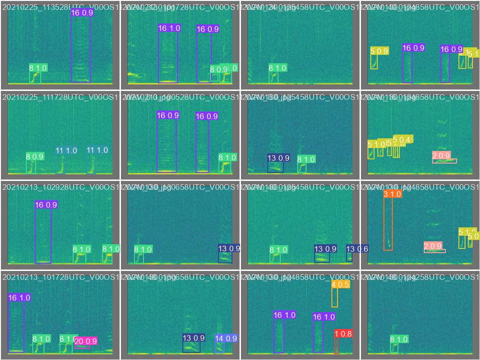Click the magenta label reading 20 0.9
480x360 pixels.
pos(86,341)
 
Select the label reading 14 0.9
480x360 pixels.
pos(226,338)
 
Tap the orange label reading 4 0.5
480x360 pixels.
pos(340,285)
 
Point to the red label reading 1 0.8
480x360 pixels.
pos(343,334)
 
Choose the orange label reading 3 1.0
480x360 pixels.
pos(392,194)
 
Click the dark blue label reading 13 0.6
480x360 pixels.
pos(357,249)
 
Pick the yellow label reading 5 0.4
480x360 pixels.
pos(403,139)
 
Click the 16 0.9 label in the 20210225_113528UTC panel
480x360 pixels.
pos(82,13)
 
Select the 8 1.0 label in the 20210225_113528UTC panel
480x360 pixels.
pos(38,68)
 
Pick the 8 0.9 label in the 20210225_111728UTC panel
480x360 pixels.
pos(35,157)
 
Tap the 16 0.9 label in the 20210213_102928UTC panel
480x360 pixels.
pos(46,205)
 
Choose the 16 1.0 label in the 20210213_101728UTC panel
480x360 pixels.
pos(19,298)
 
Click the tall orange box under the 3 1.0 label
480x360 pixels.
pos(388,225)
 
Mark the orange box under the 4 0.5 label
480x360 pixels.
pos(335,298)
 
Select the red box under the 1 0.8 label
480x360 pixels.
pos(336,346)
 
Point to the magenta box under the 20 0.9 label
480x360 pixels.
pos(82,347)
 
